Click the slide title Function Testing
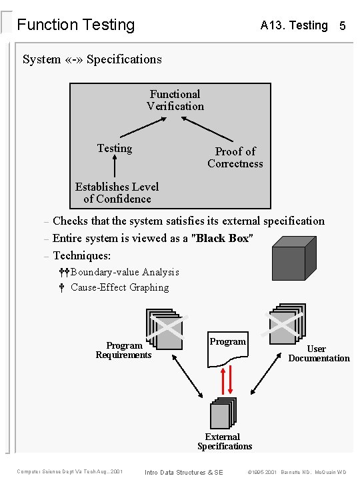pyautogui.click(x=75, y=25)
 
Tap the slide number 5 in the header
pyautogui.click(x=342, y=26)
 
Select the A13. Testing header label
pyautogui.click(x=294, y=25)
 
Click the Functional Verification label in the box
pyautogui.click(x=175, y=100)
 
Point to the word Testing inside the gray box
pyautogui.click(x=115, y=148)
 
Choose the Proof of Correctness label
pyautogui.click(x=235, y=157)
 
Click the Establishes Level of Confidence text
pyautogui.click(x=117, y=193)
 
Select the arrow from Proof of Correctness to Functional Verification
pyautogui.click(x=209, y=131)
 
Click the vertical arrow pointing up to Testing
pyautogui.click(x=115, y=167)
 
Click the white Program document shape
pyautogui.click(x=227, y=347)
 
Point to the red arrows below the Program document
pyautogui.click(x=227, y=379)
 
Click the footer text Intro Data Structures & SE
pyautogui.click(x=184, y=472)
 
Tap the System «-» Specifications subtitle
pyautogui.click(x=92, y=59)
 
